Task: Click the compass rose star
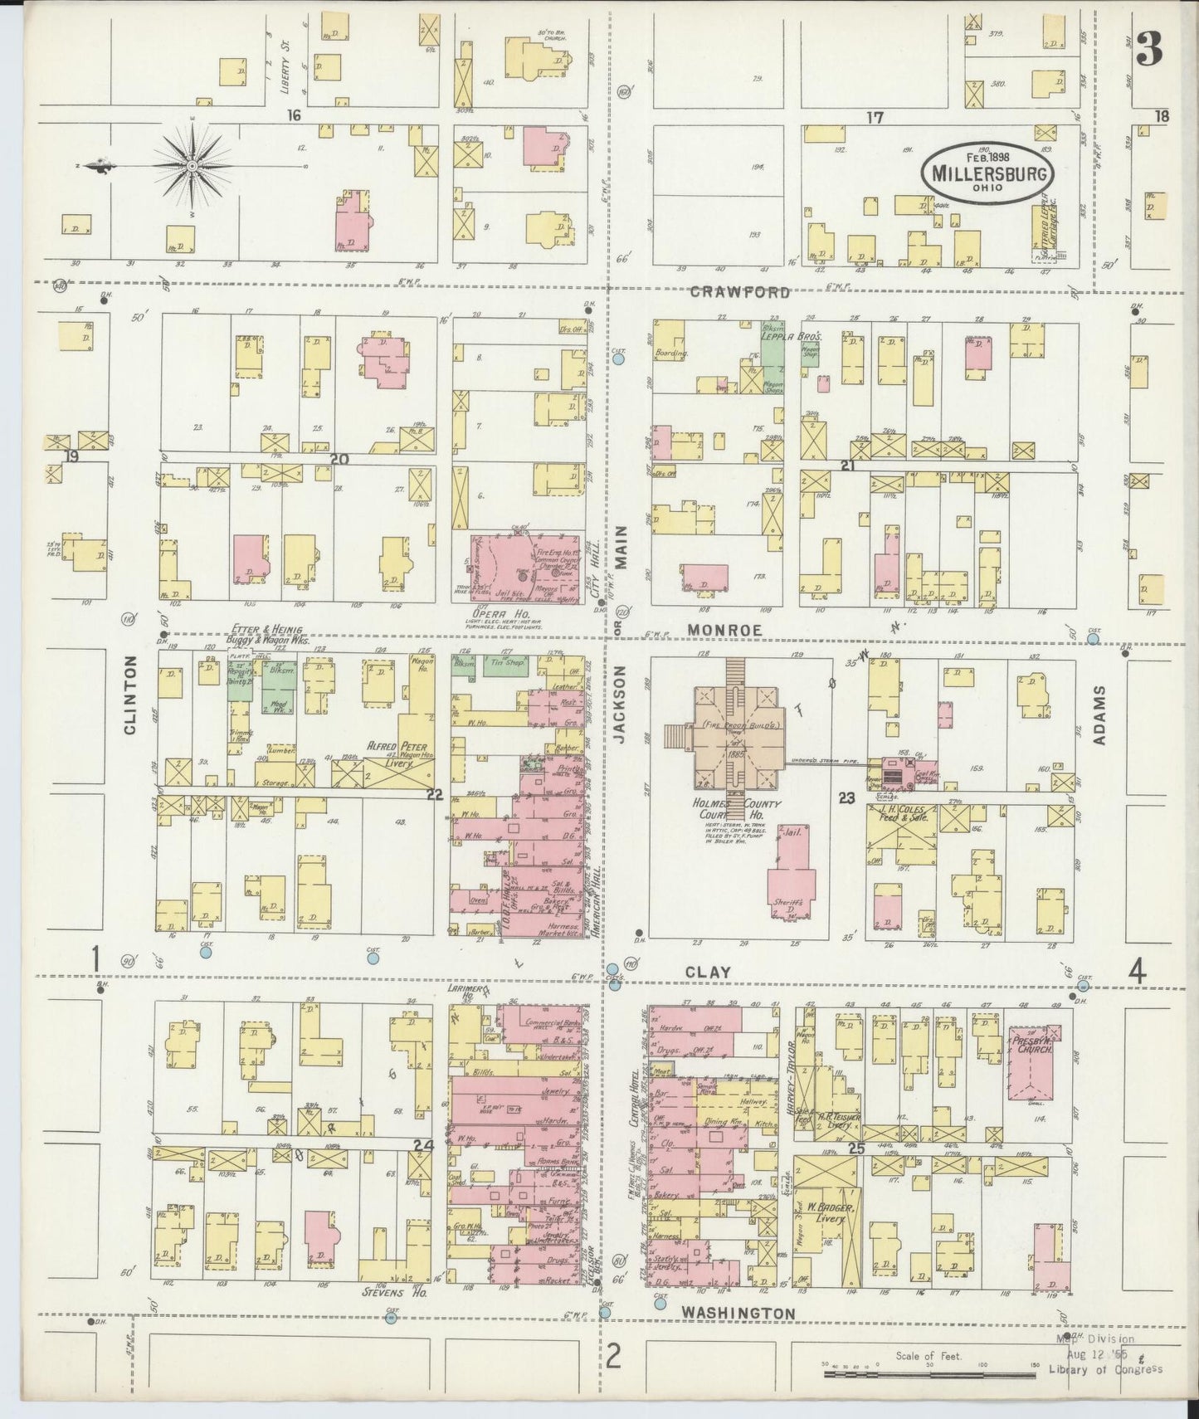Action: point(192,166)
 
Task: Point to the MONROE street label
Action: point(724,631)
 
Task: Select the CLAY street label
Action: point(708,972)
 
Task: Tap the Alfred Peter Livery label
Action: point(393,750)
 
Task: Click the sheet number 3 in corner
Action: point(1148,51)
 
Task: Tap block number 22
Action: point(434,794)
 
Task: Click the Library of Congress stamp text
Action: point(1105,1369)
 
